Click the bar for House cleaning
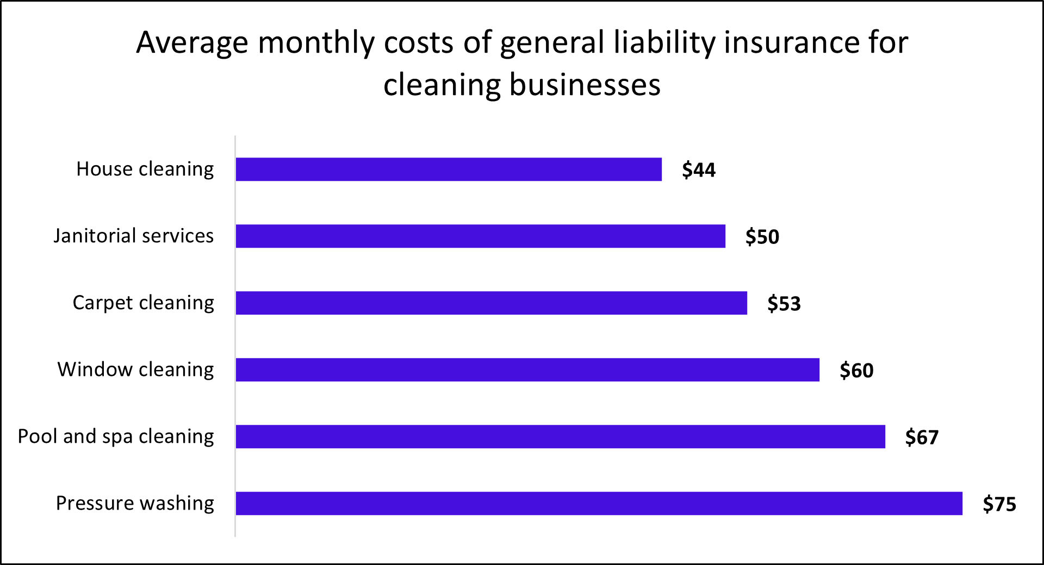pyautogui.click(x=449, y=169)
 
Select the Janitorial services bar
pyautogui.click(x=481, y=236)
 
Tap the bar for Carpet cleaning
pyautogui.click(x=492, y=303)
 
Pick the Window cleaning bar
pyautogui.click(x=527, y=370)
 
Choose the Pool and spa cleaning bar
pyautogui.click(x=561, y=437)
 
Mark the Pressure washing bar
pyautogui.click(x=599, y=504)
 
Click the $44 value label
pyautogui.click(x=699, y=170)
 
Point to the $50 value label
pyautogui.click(x=762, y=237)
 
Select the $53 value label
pyautogui.click(x=784, y=304)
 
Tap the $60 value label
pyautogui.click(x=856, y=371)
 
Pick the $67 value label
pyautogui.click(x=922, y=437)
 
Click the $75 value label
pyautogui.click(x=999, y=504)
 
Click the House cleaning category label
pyautogui.click(x=145, y=169)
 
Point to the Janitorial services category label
pyautogui.click(x=134, y=236)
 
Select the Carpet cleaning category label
pyautogui.click(x=144, y=303)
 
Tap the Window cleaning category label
pyautogui.click(x=136, y=370)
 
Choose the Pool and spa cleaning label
pyautogui.click(x=116, y=437)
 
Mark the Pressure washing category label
pyautogui.click(x=135, y=504)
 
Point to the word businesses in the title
pyautogui.click(x=585, y=85)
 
